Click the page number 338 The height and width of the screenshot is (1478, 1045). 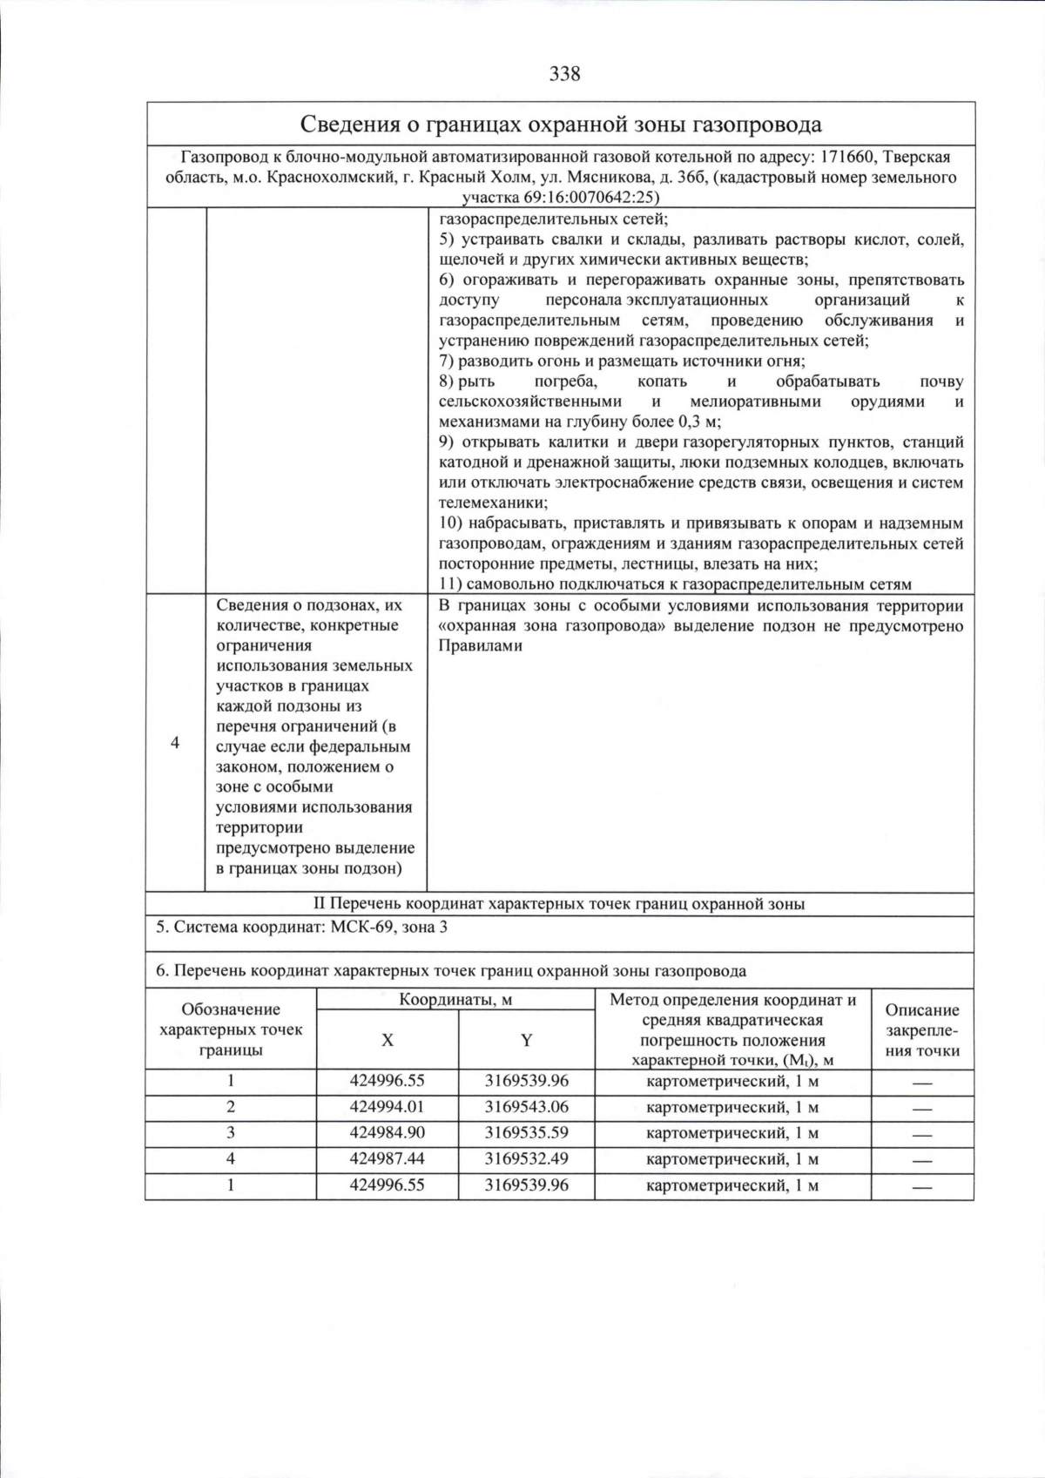(x=564, y=74)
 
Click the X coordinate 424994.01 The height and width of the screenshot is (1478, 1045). (x=387, y=1107)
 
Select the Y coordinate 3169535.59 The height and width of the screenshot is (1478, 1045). (x=526, y=1133)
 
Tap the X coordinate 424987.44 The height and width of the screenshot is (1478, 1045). (x=387, y=1159)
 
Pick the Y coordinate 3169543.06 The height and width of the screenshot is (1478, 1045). (x=526, y=1107)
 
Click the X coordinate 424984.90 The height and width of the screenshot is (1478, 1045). (x=387, y=1133)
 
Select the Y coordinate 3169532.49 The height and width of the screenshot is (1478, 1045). (x=526, y=1159)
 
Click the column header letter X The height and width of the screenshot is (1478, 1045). (x=388, y=1040)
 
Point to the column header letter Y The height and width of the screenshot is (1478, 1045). (x=527, y=1040)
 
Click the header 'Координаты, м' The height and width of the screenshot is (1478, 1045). (x=455, y=1000)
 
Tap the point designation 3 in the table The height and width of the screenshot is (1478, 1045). (x=231, y=1133)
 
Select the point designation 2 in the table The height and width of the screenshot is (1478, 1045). (x=231, y=1107)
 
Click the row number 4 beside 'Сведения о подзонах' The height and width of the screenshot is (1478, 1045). (x=175, y=743)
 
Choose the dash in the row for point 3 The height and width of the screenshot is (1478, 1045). (x=922, y=1134)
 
